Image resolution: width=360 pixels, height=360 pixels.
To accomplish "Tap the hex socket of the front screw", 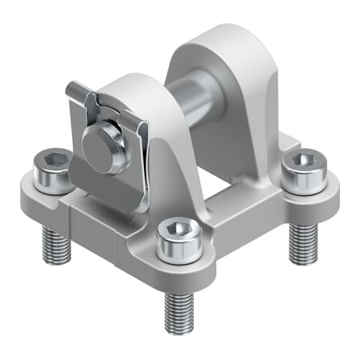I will (176, 228).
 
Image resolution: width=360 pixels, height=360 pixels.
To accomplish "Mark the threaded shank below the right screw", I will (302, 236).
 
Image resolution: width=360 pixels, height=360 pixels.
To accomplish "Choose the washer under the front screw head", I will (175, 250).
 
